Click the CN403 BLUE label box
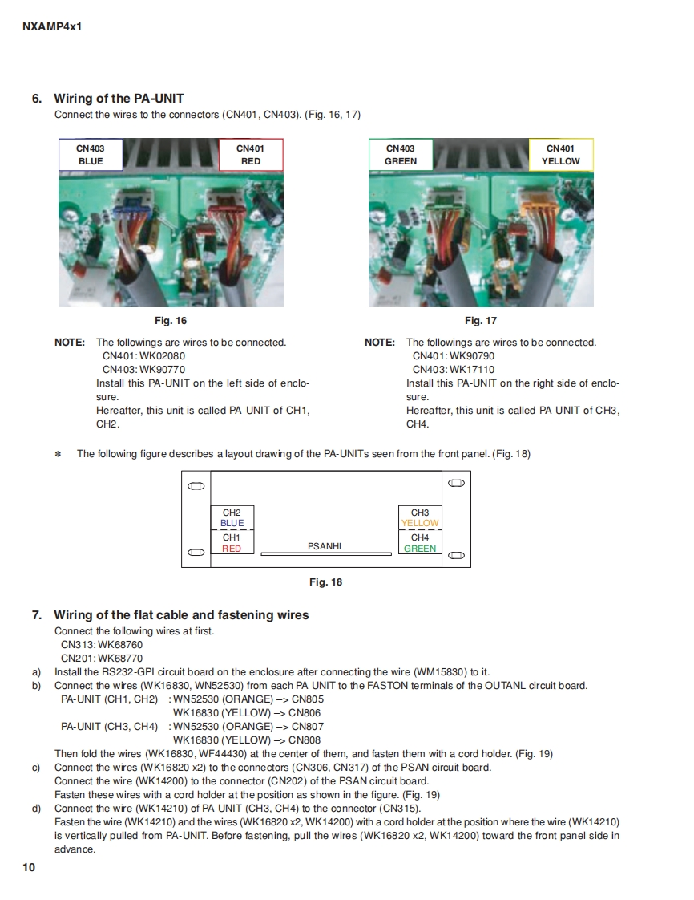pyautogui.click(x=91, y=155)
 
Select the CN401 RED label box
pyautogui.click(x=250, y=155)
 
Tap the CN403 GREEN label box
pyautogui.click(x=400, y=155)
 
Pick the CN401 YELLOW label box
pyautogui.click(x=560, y=155)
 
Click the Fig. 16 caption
pyautogui.click(x=171, y=321)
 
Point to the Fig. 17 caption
pyautogui.click(x=480, y=321)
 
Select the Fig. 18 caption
pyautogui.click(x=325, y=582)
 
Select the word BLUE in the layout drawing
pyautogui.click(x=232, y=523)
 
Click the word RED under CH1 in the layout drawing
pyautogui.click(x=232, y=549)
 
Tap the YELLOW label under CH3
pyautogui.click(x=420, y=523)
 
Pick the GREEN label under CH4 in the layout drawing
pyautogui.click(x=420, y=549)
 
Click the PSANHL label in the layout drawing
pyautogui.click(x=325, y=546)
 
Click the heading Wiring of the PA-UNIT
pyautogui.click(x=119, y=99)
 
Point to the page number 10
pyautogui.click(x=29, y=867)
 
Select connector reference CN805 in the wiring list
pyautogui.click(x=306, y=699)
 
